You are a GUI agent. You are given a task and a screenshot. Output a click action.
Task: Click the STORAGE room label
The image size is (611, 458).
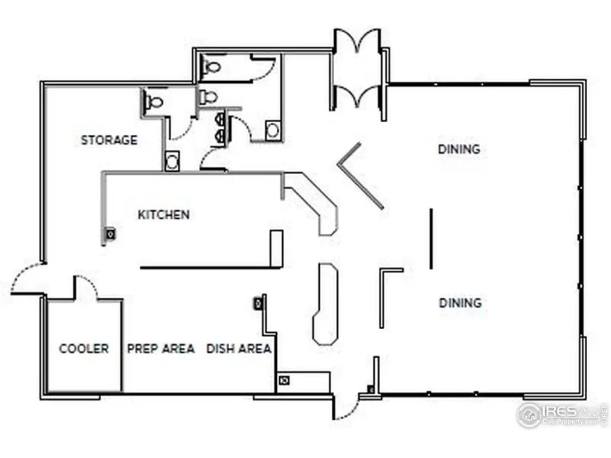pyautogui.click(x=109, y=141)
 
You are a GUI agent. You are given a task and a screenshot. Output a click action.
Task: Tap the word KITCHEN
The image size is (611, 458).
pyautogui.click(x=163, y=215)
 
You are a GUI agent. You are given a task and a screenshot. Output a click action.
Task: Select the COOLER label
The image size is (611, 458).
pyautogui.click(x=84, y=349)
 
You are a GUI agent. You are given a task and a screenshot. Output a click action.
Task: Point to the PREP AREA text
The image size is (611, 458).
pyautogui.click(x=161, y=349)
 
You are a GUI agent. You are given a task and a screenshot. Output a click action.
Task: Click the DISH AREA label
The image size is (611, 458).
pyautogui.click(x=239, y=349)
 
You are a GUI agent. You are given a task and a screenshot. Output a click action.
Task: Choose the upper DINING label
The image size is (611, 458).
pyautogui.click(x=459, y=149)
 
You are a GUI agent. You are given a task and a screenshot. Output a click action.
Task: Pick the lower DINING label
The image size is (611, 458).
pyautogui.click(x=460, y=303)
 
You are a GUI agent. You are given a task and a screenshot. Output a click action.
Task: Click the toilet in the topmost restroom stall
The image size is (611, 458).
pyautogui.click(x=211, y=67)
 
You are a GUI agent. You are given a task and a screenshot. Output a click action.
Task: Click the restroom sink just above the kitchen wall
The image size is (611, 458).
pyautogui.click(x=173, y=161)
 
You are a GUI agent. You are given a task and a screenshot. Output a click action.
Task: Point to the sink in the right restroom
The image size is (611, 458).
pyautogui.click(x=272, y=130)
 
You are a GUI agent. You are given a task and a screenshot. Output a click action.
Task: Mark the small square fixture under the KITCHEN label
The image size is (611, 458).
pyautogui.click(x=110, y=234)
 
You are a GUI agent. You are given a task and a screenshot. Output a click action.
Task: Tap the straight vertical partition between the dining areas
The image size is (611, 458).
pyautogui.click(x=431, y=239)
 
